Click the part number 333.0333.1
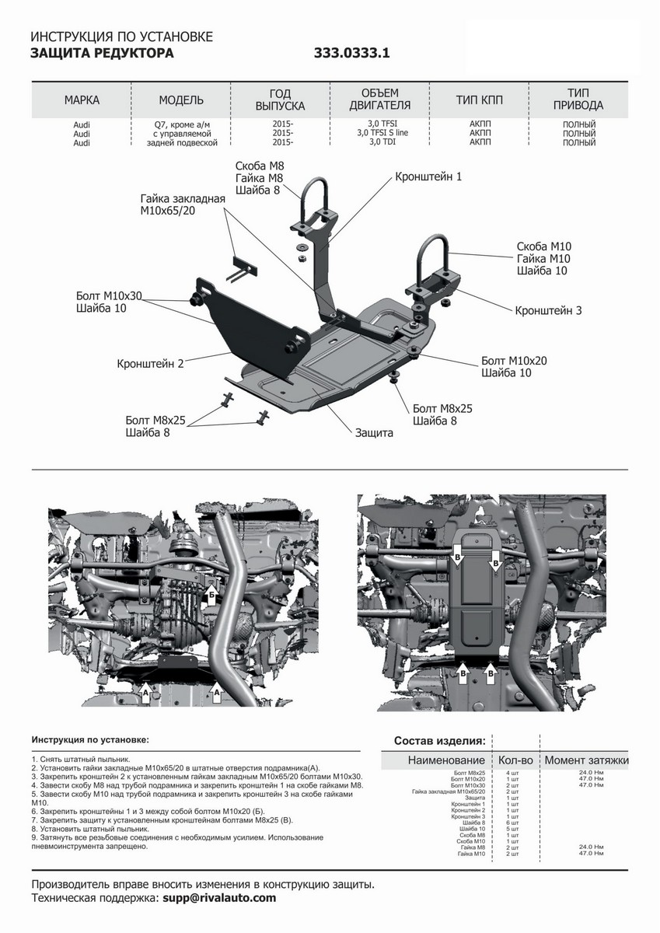tap(351, 54)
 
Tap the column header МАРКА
tap(82, 100)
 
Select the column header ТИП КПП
tap(479, 100)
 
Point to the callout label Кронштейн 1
tap(428, 176)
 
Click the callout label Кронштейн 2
tap(151, 363)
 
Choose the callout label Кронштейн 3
tap(548, 310)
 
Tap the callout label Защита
tap(374, 432)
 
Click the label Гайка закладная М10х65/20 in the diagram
tap(183, 204)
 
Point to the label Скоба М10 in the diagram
tap(543, 247)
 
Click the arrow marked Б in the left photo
tap(211, 593)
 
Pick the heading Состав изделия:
tap(440, 740)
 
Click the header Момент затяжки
tap(586, 760)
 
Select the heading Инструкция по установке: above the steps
tap(90, 740)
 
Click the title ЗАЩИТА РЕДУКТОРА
tap(102, 54)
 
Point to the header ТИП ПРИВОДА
tap(579, 100)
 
